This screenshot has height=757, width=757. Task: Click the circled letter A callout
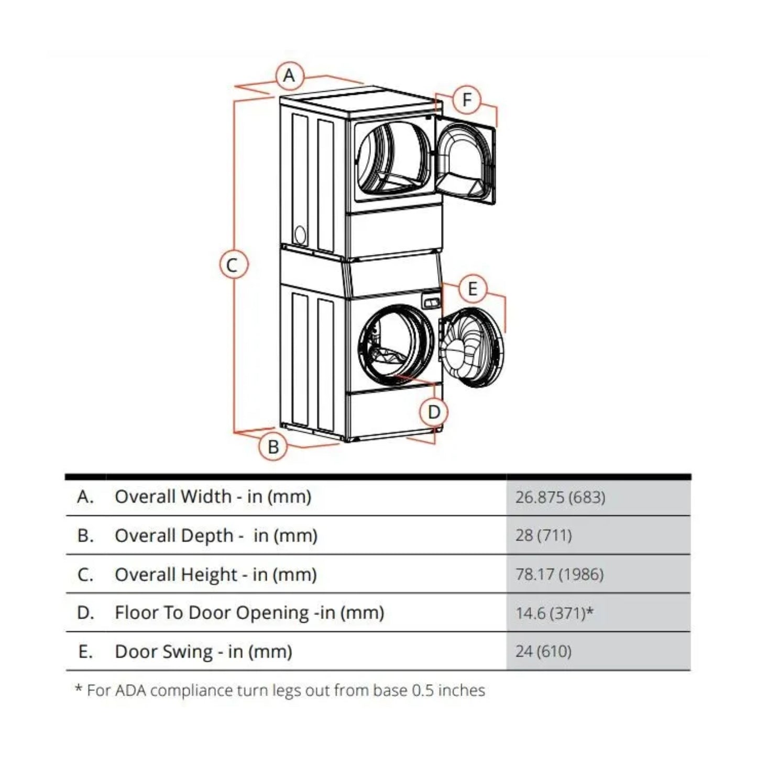click(x=289, y=76)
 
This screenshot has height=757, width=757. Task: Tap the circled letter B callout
click(x=273, y=446)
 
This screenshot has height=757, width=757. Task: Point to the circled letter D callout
click(x=434, y=412)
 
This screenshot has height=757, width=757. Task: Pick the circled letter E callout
click(x=473, y=289)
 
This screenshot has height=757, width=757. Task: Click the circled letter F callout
click(x=467, y=99)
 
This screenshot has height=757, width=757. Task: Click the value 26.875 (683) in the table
click(x=560, y=497)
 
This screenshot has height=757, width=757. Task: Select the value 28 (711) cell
click(x=543, y=535)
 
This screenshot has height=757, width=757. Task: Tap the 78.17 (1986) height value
click(x=559, y=574)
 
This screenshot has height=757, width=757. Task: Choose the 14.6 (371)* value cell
click(x=554, y=612)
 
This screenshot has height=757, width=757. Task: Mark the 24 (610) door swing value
click(x=543, y=651)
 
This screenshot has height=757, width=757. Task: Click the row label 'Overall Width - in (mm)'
click(x=213, y=497)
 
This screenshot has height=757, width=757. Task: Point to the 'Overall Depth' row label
click(x=216, y=535)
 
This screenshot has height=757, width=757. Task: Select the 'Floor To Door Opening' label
click(x=249, y=612)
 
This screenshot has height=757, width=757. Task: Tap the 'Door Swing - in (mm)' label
click(x=203, y=651)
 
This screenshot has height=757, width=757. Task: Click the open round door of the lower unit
click(x=472, y=348)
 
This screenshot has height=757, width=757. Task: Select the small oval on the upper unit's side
click(x=300, y=235)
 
